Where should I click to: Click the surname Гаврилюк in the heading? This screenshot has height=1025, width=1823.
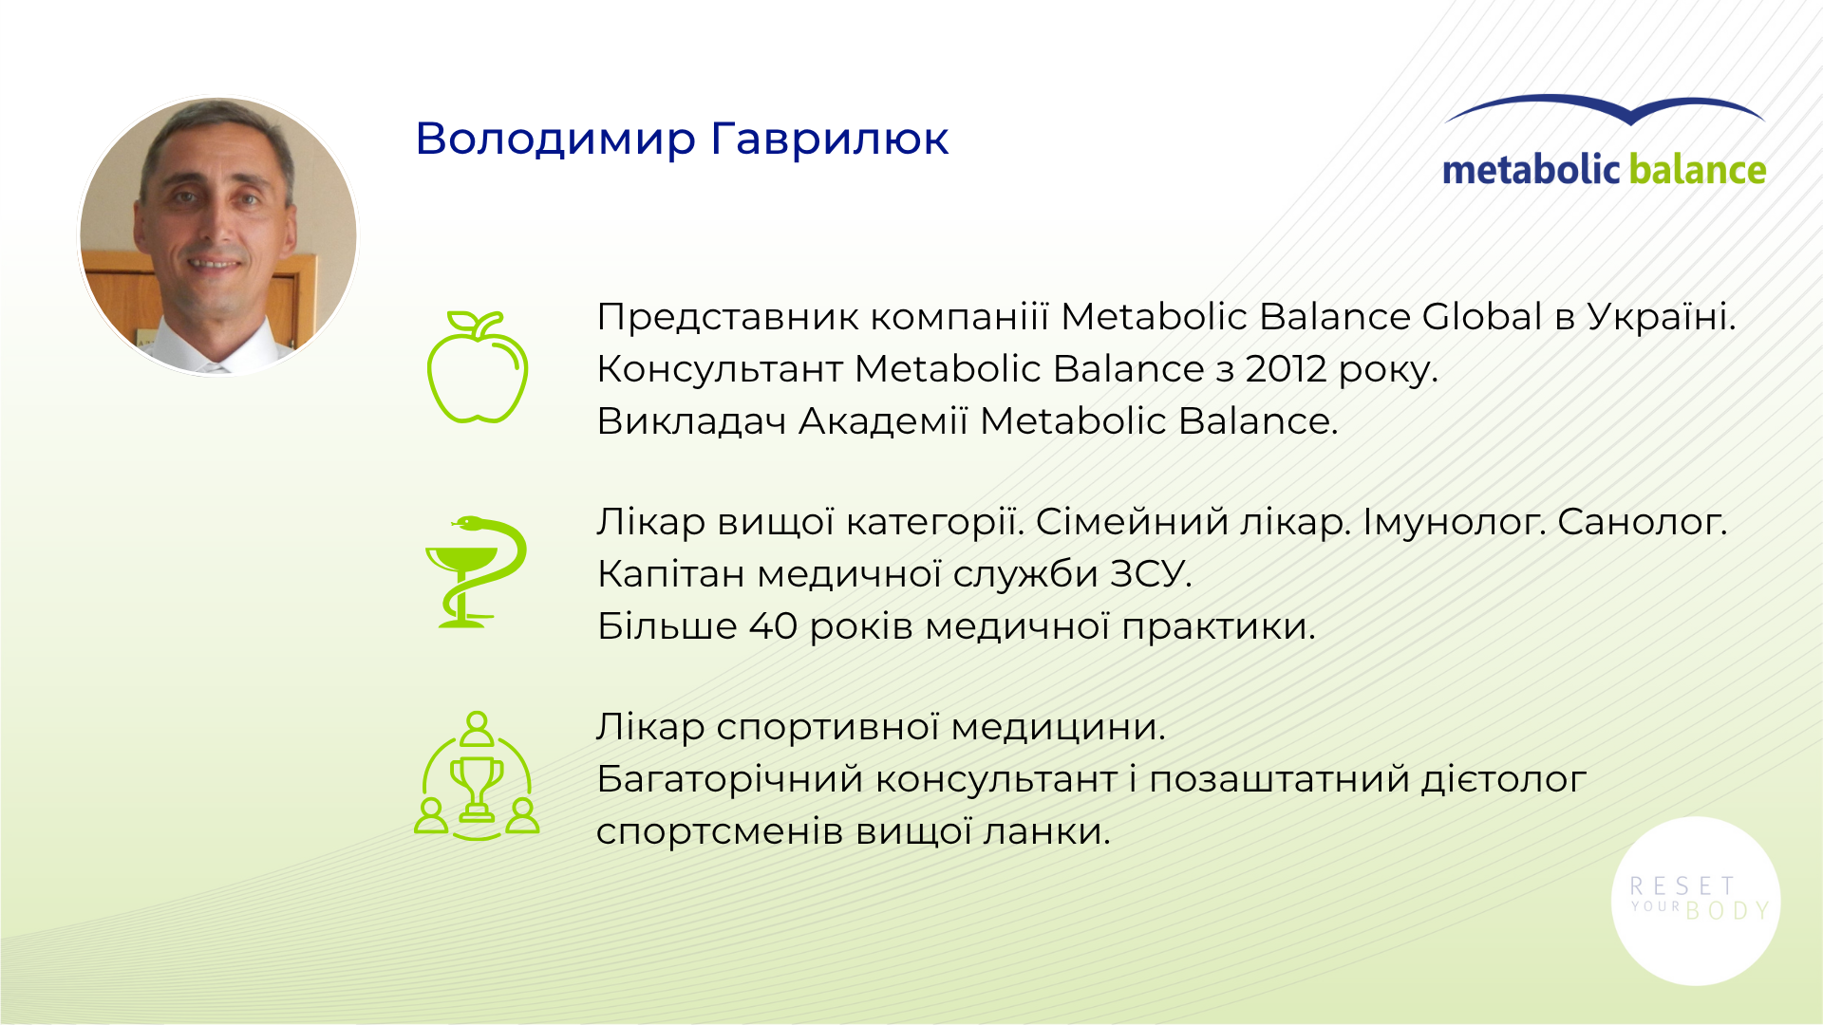click(x=830, y=140)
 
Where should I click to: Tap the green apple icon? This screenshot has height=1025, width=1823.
click(x=477, y=366)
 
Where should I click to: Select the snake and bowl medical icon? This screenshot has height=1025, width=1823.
click(x=476, y=571)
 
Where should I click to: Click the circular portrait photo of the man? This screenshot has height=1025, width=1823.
click(x=218, y=235)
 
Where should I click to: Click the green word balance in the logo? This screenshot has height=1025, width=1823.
click(x=1698, y=170)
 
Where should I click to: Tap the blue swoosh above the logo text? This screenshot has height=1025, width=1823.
click(x=1605, y=109)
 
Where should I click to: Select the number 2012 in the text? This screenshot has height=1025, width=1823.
click(x=1286, y=369)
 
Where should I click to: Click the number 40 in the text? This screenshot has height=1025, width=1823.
click(x=773, y=626)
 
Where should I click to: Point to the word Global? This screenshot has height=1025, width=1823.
click(x=1482, y=317)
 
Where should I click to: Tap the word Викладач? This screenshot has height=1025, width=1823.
click(x=692, y=421)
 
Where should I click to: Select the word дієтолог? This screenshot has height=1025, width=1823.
click(x=1504, y=780)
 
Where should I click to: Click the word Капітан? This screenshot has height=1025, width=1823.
click(x=671, y=574)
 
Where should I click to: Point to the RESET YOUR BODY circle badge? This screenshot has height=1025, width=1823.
click(x=1696, y=901)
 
